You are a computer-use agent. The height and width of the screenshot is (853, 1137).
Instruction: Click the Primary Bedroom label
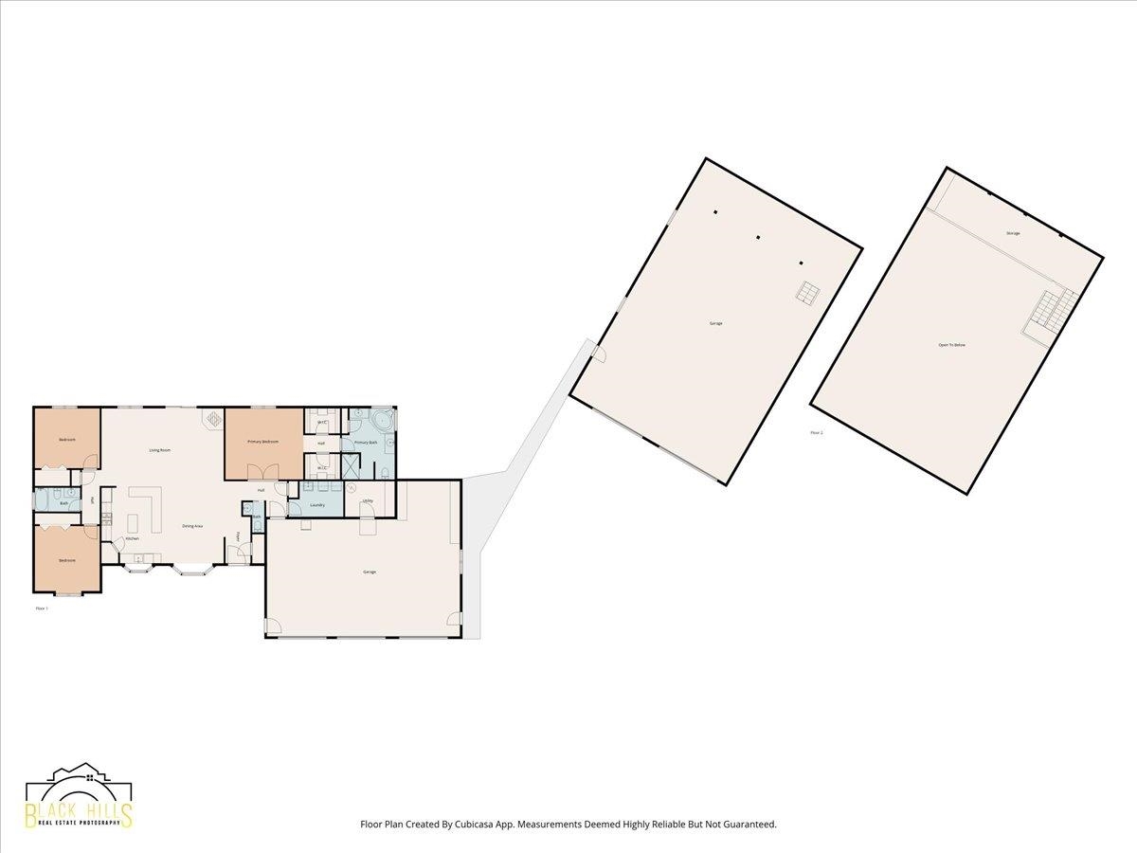[262, 442]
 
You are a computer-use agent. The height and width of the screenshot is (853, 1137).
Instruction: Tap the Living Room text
[159, 450]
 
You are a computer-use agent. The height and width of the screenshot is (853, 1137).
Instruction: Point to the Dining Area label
[192, 526]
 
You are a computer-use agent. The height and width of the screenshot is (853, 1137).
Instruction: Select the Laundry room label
[317, 505]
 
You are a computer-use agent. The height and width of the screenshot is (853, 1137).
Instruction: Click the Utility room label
[367, 500]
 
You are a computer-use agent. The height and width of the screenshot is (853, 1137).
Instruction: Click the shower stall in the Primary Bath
[351, 466]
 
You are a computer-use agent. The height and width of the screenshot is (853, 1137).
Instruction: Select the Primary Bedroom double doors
[262, 471]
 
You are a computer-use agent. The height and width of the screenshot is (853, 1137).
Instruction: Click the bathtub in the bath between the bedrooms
[43, 499]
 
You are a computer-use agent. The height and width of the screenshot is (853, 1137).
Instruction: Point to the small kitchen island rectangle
[131, 523]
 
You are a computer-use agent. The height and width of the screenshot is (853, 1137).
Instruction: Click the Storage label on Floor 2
[1013, 233]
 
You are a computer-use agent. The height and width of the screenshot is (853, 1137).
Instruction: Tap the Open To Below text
[951, 345]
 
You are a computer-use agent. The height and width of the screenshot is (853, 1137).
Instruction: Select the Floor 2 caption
[817, 433]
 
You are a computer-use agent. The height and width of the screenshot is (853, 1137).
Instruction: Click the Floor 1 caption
[42, 608]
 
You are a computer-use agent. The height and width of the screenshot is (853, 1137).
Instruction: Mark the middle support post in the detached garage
[758, 237]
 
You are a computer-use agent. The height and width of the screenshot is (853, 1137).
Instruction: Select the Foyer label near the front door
[238, 536]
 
